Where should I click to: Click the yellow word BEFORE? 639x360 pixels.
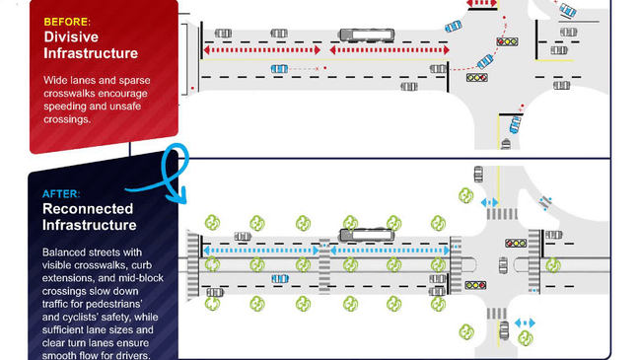(66, 22)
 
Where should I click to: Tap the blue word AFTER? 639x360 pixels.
(61, 193)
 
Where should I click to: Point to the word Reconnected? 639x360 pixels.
(88, 209)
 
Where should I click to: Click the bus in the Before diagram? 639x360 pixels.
(367, 35)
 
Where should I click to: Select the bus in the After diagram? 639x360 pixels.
(367, 235)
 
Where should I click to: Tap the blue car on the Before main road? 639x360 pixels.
(280, 69)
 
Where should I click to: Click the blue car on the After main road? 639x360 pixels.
(280, 279)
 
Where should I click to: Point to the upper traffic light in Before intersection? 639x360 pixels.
(507, 41)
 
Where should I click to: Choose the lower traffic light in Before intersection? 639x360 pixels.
(477, 78)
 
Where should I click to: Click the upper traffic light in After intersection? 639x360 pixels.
(516, 244)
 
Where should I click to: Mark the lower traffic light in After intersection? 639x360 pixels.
(475, 285)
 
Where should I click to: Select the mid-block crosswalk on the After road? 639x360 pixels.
(324, 266)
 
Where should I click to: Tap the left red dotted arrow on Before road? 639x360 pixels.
(262, 50)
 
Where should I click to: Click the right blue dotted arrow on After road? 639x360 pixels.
(390, 251)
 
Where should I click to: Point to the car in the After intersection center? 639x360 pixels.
(503, 265)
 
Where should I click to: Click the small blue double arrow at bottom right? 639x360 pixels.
(525, 324)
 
